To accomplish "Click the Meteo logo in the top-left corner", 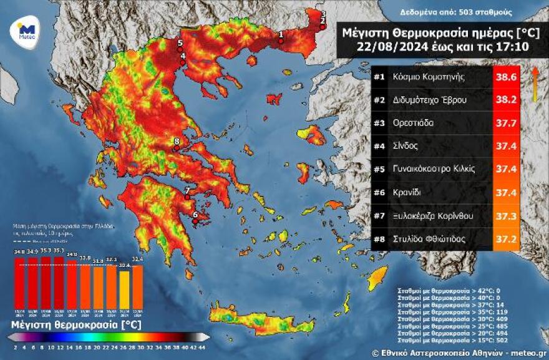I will click(26, 30).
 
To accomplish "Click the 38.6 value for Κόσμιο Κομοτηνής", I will click(506, 77).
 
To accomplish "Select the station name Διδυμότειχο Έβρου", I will click(430, 100).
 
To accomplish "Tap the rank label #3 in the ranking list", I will click(379, 123).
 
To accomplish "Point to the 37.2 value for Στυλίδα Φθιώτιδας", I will click(506, 239).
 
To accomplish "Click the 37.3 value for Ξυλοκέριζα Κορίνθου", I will click(506, 216).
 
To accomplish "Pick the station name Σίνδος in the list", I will click(406, 146).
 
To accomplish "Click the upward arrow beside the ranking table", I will click(535, 84).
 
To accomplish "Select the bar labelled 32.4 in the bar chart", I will click(138, 287).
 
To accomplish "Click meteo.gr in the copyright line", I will click(529, 353).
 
